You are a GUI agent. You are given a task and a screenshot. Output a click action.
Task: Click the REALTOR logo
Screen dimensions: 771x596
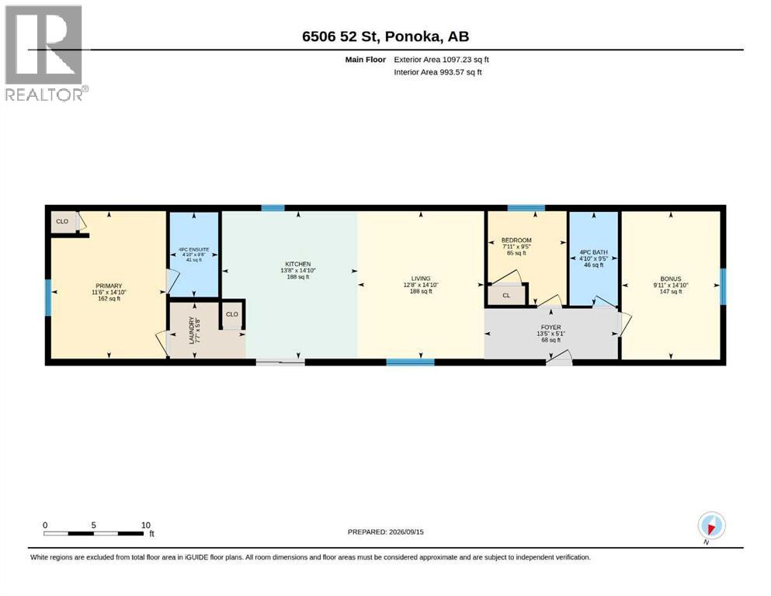tap(46, 53)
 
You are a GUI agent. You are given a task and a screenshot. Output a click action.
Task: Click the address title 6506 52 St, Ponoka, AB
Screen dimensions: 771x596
tap(385, 36)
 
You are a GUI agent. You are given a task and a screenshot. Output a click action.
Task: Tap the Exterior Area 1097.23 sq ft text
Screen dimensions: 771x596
tap(441, 60)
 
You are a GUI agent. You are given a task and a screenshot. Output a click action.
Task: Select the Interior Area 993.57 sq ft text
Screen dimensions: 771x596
tap(438, 72)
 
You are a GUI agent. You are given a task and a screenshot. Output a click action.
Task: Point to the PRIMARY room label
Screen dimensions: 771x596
tap(109, 286)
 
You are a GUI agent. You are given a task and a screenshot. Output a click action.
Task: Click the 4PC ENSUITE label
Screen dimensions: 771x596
tap(195, 250)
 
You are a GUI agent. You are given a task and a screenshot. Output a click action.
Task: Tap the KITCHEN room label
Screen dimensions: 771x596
tap(298, 264)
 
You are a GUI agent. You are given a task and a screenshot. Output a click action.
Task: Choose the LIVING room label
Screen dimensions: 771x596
tap(420, 279)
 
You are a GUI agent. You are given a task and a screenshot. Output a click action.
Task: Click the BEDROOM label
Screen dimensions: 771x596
tap(516, 241)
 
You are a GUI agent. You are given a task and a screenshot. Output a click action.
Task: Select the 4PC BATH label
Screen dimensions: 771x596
tap(593, 252)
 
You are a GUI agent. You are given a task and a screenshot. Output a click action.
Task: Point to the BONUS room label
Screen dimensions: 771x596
tap(671, 279)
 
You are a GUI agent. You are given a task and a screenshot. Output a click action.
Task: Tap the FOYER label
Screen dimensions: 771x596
tap(550, 327)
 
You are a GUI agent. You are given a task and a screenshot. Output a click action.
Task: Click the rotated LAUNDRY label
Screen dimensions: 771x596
tap(192, 330)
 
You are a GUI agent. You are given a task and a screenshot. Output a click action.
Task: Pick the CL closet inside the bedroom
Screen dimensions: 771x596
tap(506, 296)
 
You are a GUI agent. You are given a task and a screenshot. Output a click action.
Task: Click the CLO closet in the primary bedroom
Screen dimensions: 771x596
tap(64, 222)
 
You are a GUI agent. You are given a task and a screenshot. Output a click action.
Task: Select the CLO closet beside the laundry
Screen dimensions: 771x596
tap(232, 314)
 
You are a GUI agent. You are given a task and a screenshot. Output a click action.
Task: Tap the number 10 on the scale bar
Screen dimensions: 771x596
tap(145, 525)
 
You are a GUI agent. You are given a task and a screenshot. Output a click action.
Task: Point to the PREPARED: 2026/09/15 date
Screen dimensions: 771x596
tap(385, 532)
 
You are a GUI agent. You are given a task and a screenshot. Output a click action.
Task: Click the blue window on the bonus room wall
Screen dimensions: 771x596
tap(723, 286)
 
